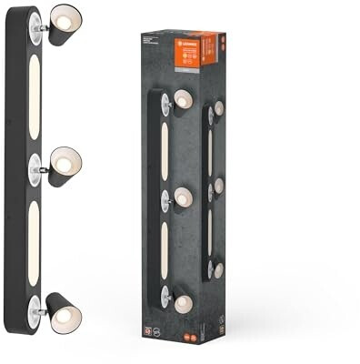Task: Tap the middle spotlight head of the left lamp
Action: point(64,165)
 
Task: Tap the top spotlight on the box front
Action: point(182,100)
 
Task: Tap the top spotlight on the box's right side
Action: point(218,109)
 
